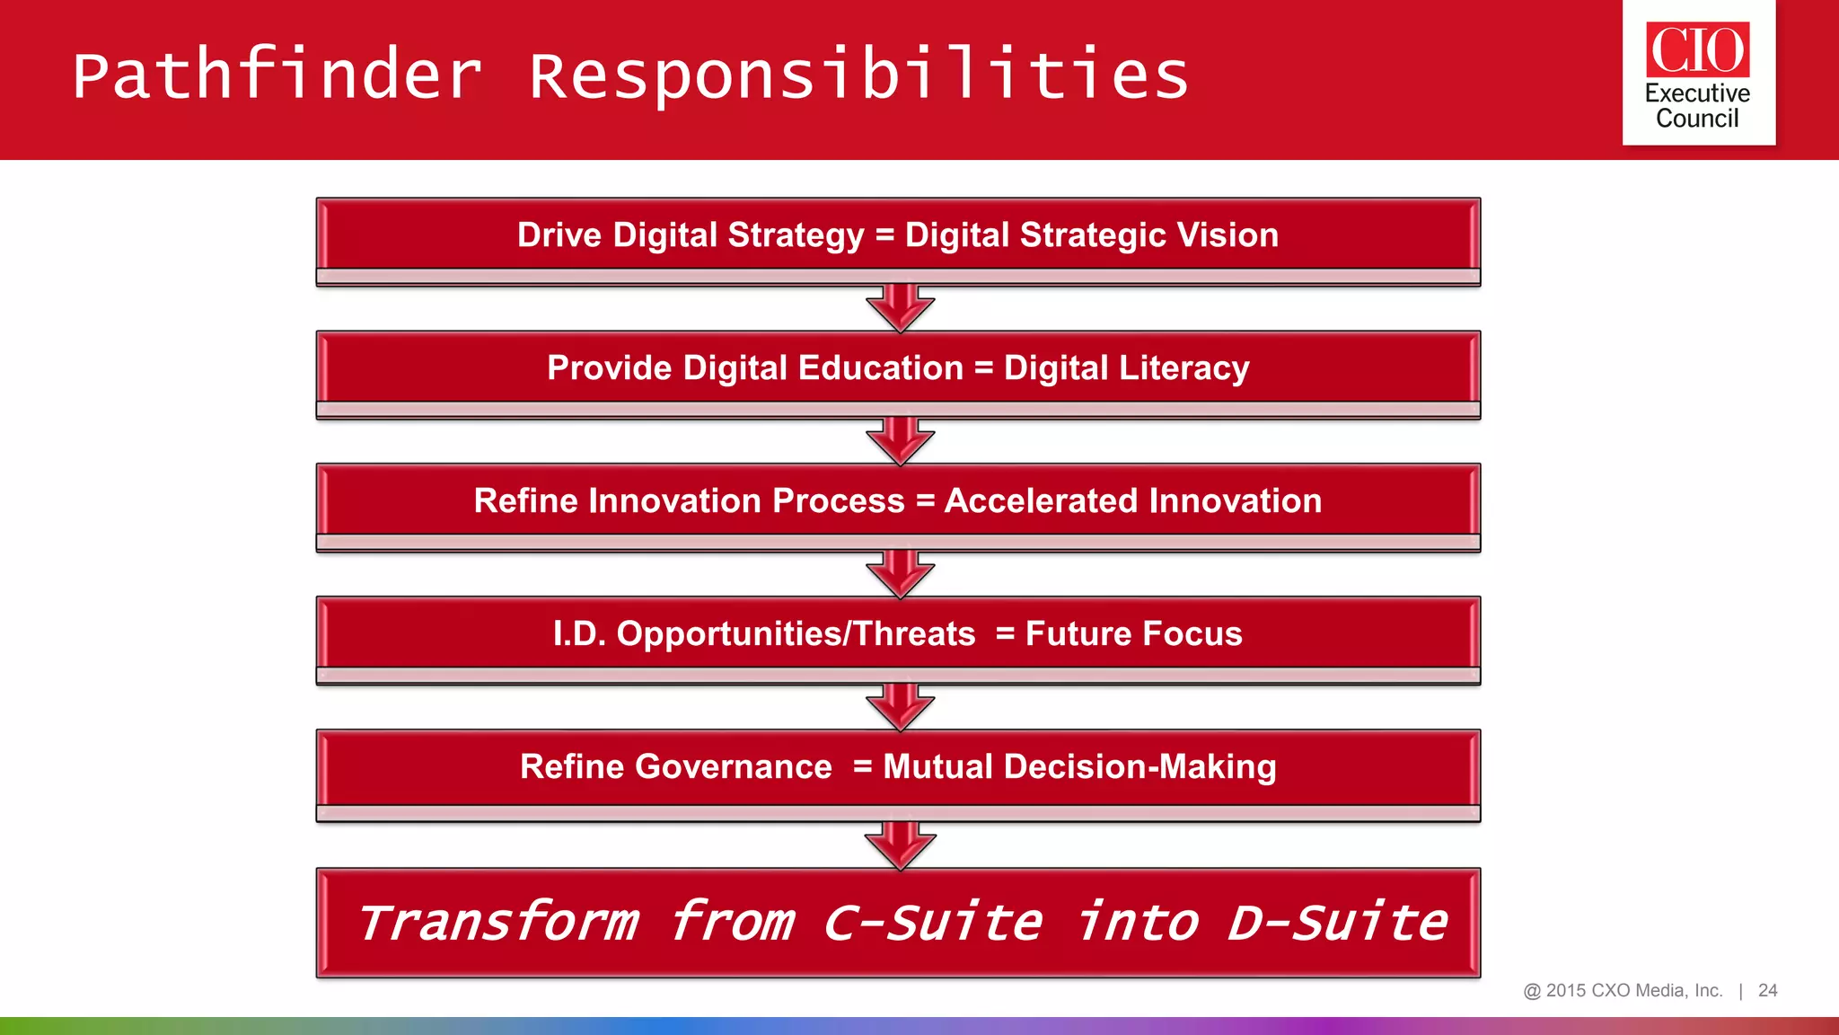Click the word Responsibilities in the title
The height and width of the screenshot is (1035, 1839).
pyautogui.click(x=858, y=75)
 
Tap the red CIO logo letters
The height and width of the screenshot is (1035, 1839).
pyautogui.click(x=1697, y=50)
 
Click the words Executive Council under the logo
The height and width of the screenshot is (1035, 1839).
pyautogui.click(x=1697, y=106)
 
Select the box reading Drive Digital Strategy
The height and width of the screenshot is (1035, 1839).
pyautogui.click(x=898, y=235)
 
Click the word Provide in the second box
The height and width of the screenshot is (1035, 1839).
pyautogui.click(x=609, y=368)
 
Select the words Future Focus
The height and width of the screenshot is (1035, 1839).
pyautogui.click(x=1133, y=634)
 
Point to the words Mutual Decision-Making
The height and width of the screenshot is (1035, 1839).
pyautogui.click(x=1079, y=767)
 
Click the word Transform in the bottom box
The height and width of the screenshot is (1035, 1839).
pyautogui.click(x=499, y=924)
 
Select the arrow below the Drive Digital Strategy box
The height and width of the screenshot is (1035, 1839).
pyautogui.click(x=900, y=309)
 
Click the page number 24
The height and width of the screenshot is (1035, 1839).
pyautogui.click(x=1767, y=990)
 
